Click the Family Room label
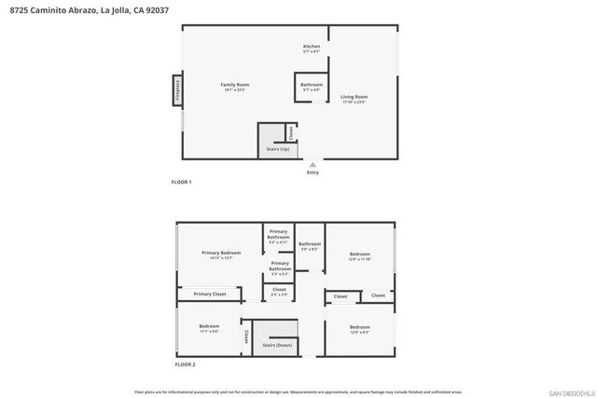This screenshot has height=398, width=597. point(234,85)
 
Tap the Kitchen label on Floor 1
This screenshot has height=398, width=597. point(312,47)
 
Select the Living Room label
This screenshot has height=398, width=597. point(354,97)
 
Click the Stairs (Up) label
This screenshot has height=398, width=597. point(277,149)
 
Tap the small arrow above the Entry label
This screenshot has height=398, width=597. point(312,164)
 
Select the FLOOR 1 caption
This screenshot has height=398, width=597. point(181,182)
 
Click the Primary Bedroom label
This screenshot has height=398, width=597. point(222,254)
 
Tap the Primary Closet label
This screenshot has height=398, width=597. point(210,295)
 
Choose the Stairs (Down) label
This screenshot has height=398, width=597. point(277,345)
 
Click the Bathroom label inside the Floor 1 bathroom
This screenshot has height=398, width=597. point(312,85)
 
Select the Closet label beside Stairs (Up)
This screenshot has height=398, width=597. point(290,133)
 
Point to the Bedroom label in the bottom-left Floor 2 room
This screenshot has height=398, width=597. point(209,326)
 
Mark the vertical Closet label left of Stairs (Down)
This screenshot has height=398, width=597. point(246,336)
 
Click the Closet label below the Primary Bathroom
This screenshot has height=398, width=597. point(279,290)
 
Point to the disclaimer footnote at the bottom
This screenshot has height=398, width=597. point(299,391)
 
